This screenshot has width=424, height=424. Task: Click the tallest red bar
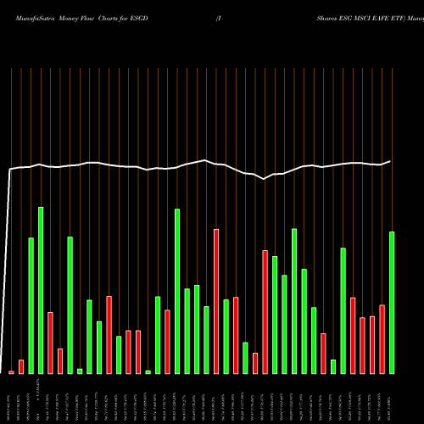[216, 301]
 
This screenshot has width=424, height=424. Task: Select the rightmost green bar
[392, 302]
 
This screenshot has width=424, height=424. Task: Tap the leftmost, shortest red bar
[11, 371]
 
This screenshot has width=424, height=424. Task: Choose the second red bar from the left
[21, 366]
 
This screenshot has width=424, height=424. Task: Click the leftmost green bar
[31, 305]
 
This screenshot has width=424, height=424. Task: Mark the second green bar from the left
[41, 290]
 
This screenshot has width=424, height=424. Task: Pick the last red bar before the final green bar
[382, 338]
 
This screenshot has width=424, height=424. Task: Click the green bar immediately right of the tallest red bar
[226, 336]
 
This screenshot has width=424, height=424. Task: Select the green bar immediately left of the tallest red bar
[206, 339]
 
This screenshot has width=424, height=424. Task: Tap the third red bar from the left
[50, 343]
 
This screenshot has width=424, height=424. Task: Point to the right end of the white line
[391, 160]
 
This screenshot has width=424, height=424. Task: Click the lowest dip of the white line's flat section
[265, 179]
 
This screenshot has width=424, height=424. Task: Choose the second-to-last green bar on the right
[343, 310]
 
